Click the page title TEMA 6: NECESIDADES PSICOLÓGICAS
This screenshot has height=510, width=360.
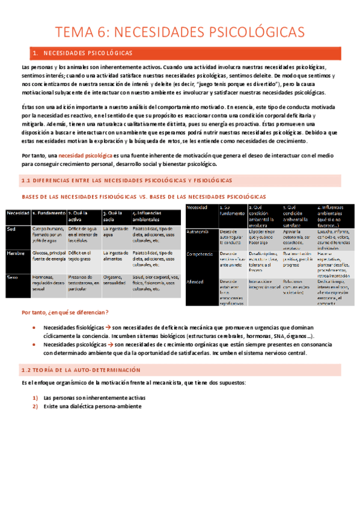[180, 31]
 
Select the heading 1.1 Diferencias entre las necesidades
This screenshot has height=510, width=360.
[126, 180]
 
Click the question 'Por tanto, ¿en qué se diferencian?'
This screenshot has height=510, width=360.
[65, 312]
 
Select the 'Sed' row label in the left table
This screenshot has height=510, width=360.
[11, 229]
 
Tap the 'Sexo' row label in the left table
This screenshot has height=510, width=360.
[13, 277]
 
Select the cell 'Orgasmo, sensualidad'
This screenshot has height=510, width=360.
[116, 280]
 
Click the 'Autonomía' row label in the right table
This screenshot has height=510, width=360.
[199, 232]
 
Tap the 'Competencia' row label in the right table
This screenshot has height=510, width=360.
[201, 254]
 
